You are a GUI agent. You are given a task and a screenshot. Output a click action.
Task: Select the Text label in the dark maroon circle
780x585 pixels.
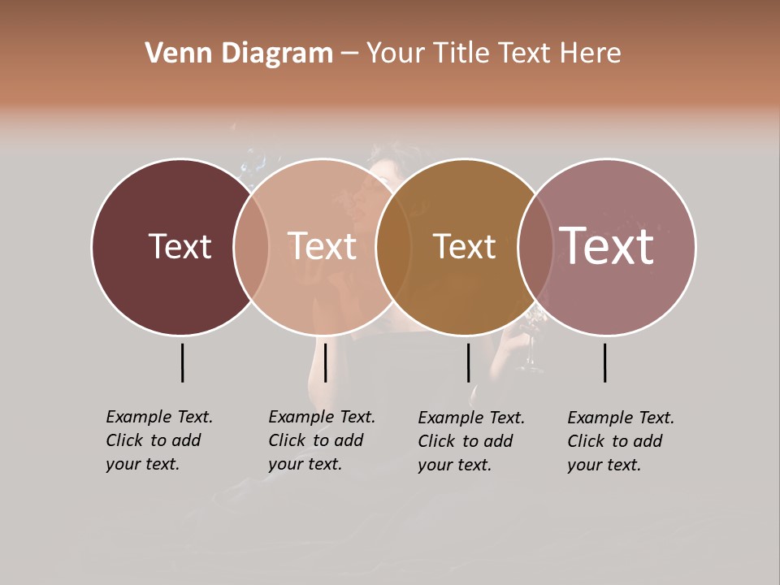click(180, 246)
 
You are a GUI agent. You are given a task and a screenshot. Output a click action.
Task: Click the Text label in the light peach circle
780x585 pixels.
click(322, 246)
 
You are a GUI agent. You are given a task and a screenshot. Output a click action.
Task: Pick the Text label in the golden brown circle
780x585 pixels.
click(464, 246)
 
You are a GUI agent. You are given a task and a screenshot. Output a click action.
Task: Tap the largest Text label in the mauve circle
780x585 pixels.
click(607, 246)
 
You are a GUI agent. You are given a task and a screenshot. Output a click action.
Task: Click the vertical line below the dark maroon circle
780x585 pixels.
click(182, 362)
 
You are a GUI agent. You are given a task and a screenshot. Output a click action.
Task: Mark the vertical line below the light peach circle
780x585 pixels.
click(325, 362)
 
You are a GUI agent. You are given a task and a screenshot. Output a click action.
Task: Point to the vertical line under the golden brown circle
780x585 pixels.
click(468, 362)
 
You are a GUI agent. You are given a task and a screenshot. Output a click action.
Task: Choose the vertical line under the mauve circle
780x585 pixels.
click(604, 362)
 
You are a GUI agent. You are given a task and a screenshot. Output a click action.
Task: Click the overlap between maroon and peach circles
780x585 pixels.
click(251, 246)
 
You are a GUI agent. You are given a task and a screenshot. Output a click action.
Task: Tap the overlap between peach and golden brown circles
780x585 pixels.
click(393, 246)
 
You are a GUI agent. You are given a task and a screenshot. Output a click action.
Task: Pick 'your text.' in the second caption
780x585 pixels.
click(305, 464)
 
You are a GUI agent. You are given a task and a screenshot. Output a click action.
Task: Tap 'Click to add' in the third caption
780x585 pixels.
click(466, 441)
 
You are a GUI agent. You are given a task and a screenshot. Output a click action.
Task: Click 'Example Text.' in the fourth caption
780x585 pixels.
click(621, 418)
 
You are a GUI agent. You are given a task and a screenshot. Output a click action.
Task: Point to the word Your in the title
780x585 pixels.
click(395, 54)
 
